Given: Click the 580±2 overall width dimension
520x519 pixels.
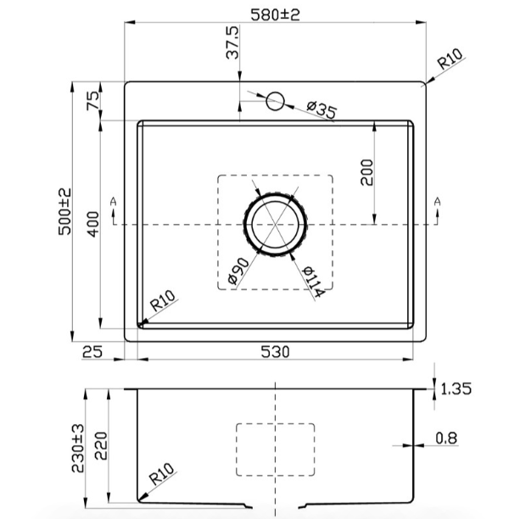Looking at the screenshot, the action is click(x=275, y=14).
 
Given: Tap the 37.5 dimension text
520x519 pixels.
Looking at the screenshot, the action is click(x=232, y=42).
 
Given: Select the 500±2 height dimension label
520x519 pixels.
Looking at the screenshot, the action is click(x=64, y=211).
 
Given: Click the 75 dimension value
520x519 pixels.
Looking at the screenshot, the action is click(x=92, y=101).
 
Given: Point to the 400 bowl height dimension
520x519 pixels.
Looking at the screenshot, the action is click(x=93, y=224).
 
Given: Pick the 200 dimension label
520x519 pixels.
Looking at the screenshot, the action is click(x=366, y=172).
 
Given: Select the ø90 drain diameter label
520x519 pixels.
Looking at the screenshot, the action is click(x=238, y=271).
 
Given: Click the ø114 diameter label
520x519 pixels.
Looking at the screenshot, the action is click(x=313, y=282).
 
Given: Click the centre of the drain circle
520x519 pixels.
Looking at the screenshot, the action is click(x=276, y=225).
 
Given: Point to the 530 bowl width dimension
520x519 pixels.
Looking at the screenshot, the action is click(x=275, y=352).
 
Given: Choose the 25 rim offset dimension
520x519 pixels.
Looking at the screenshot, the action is click(x=92, y=352).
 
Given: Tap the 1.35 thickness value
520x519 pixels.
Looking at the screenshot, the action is click(x=456, y=388).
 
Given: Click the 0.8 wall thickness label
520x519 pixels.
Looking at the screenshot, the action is click(x=447, y=438).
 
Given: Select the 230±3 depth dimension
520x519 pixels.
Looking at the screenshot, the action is click(x=78, y=448).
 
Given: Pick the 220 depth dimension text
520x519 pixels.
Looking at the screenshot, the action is click(x=101, y=445).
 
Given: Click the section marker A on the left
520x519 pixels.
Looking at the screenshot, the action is click(x=114, y=201).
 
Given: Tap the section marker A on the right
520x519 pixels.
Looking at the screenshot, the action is click(x=438, y=201).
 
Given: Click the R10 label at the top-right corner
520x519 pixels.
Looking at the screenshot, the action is click(x=450, y=59).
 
